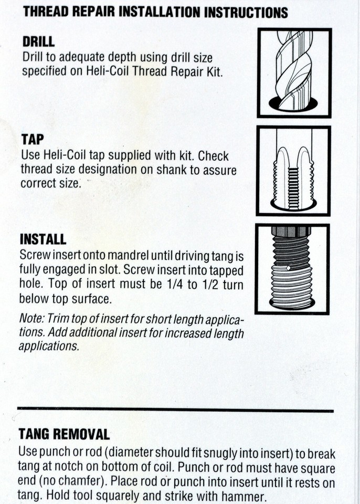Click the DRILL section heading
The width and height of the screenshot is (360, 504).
38,41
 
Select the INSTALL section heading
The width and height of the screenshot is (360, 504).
43,239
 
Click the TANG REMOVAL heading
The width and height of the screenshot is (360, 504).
64,434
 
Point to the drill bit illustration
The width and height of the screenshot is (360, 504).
294,72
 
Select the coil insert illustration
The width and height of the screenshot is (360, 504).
292,269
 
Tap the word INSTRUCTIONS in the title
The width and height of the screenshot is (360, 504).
246,12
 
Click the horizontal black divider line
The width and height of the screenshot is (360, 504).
175,409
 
